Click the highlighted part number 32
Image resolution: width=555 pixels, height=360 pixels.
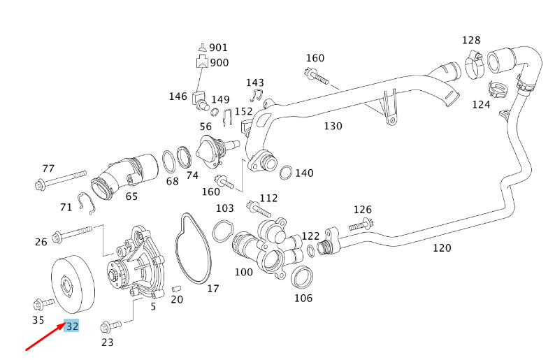(71, 326)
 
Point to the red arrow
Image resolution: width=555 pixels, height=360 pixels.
(45, 336)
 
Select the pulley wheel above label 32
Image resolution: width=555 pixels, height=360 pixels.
(73, 285)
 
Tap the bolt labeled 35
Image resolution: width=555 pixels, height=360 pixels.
(43, 304)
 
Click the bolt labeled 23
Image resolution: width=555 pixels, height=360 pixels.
(110, 326)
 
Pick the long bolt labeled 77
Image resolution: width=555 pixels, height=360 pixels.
(61, 180)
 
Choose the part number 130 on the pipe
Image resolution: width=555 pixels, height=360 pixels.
(333, 126)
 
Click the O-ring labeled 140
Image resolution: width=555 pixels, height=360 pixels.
(286, 173)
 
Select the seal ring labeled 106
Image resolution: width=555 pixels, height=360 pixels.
(301, 278)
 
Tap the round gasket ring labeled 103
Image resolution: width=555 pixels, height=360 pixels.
(223, 231)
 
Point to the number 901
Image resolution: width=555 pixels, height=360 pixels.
(218, 48)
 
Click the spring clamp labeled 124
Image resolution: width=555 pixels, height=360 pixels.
(498, 89)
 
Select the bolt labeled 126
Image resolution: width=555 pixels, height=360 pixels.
(362, 224)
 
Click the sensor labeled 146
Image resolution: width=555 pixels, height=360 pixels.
(200, 100)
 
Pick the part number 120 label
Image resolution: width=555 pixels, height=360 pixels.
(442, 247)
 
